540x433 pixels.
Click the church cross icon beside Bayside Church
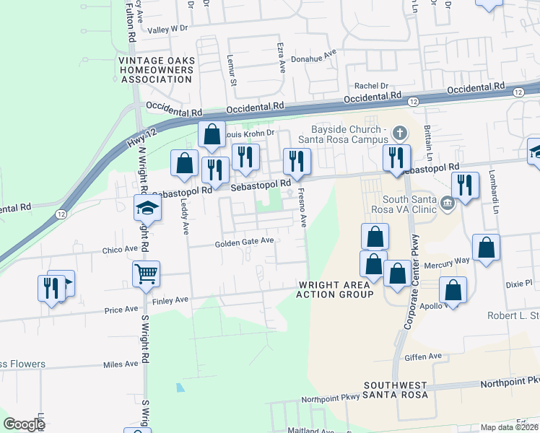(x=403, y=133)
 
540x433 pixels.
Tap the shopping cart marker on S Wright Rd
(x=147, y=274)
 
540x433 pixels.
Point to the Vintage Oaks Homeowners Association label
(x=157, y=70)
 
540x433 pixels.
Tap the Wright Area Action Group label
(x=336, y=289)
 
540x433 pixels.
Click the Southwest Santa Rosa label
(x=396, y=390)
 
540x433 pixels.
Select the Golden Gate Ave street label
(x=244, y=243)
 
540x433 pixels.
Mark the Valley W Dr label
(x=167, y=30)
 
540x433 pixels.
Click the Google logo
(x=24, y=424)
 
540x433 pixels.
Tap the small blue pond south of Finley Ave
(x=180, y=388)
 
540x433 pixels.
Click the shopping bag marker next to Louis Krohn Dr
(x=212, y=134)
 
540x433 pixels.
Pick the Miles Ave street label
(x=121, y=364)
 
